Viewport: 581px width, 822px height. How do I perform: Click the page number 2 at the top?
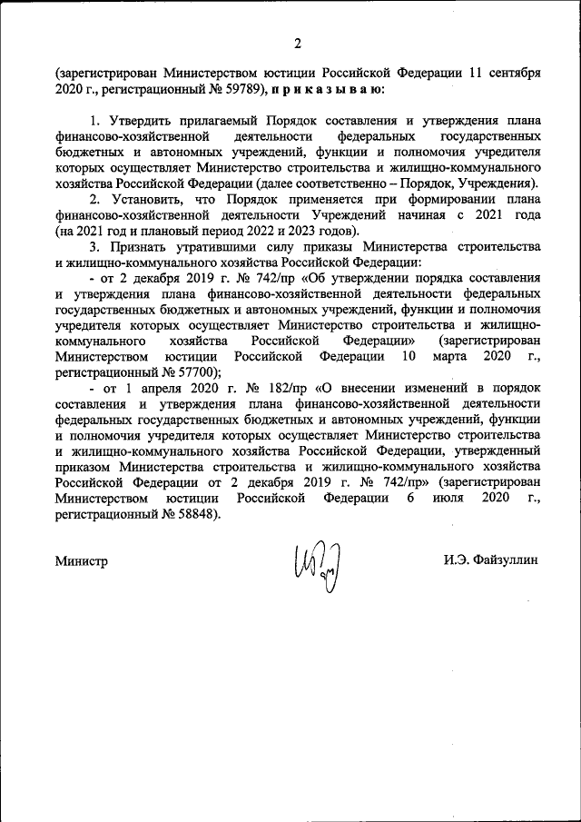click(x=296, y=43)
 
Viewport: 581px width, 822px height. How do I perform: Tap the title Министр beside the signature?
click(x=81, y=560)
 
